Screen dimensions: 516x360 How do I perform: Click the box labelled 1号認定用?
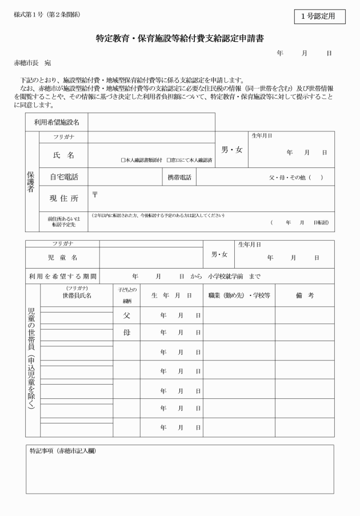click(320, 17)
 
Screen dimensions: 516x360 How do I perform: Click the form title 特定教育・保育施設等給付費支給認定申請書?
click(179, 39)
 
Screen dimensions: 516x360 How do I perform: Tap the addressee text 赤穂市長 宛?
click(33, 62)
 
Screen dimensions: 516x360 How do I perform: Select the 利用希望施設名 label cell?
click(57, 122)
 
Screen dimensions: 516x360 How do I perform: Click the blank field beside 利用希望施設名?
click(151, 122)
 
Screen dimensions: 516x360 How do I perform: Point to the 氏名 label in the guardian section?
click(63, 155)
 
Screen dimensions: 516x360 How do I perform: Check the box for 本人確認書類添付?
click(123, 161)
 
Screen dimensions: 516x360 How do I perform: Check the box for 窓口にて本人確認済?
click(169, 161)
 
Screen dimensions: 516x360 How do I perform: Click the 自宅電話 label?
click(63, 177)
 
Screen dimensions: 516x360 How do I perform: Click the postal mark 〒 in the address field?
click(95, 194)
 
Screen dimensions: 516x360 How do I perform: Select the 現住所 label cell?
click(63, 198)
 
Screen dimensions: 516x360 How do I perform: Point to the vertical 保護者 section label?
click(32, 181)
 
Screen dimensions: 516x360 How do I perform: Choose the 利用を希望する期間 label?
click(62, 277)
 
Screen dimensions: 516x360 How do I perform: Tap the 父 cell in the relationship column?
click(126, 315)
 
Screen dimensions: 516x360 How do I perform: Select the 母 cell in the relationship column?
click(126, 332)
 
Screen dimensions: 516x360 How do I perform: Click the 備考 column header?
click(304, 295)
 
